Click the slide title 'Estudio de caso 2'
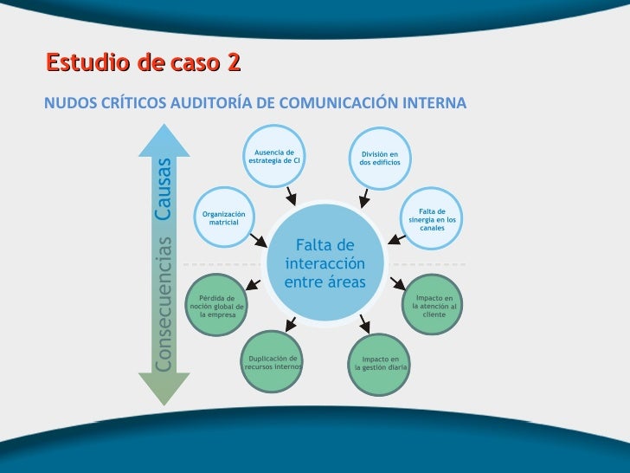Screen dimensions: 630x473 pyautogui.click(x=143, y=63)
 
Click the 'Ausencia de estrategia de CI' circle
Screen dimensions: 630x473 pyautogui.click(x=274, y=156)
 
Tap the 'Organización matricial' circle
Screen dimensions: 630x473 pyautogui.click(x=223, y=217)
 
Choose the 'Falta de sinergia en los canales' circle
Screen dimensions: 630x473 pyautogui.click(x=432, y=217)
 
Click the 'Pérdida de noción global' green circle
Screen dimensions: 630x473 pyautogui.click(x=217, y=307)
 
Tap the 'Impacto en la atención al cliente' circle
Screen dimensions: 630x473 pyautogui.click(x=434, y=306)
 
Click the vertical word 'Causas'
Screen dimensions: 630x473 pyautogui.click(x=164, y=188)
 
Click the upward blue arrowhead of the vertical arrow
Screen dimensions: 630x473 pyautogui.click(x=164, y=136)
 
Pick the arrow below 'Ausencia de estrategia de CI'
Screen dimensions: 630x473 pyautogui.click(x=292, y=191)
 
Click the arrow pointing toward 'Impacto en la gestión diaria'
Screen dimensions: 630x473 pyautogui.click(x=364, y=325)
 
